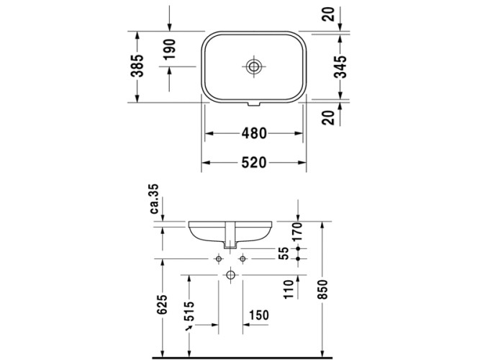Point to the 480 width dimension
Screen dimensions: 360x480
click(x=254, y=133)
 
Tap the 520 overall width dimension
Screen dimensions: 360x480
click(x=254, y=163)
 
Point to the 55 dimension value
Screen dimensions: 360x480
click(x=284, y=253)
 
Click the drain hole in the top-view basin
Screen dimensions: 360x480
click(x=254, y=67)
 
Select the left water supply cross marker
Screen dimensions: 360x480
click(x=218, y=258)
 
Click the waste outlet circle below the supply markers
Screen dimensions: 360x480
click(x=230, y=274)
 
